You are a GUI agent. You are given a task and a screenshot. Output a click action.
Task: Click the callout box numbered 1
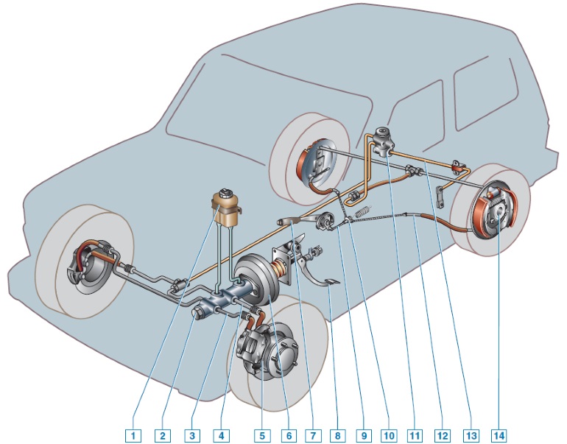(133, 435)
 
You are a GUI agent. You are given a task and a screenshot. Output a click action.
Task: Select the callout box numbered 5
(262, 435)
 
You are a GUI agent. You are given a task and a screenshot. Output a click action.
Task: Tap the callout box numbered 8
(337, 435)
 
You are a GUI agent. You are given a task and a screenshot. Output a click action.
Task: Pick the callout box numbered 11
(415, 435)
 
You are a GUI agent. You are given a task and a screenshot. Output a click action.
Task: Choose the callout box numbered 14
(499, 435)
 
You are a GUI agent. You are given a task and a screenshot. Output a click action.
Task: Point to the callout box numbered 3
(191, 435)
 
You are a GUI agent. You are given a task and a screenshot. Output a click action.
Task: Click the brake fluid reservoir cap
(225, 192)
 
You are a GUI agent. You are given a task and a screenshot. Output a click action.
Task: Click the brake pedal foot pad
(332, 283)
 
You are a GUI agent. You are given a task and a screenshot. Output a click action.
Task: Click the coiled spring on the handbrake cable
(364, 211)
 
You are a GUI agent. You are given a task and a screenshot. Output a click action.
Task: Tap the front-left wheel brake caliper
(75, 268)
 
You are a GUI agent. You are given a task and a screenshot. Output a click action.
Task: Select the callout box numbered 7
(313, 435)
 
